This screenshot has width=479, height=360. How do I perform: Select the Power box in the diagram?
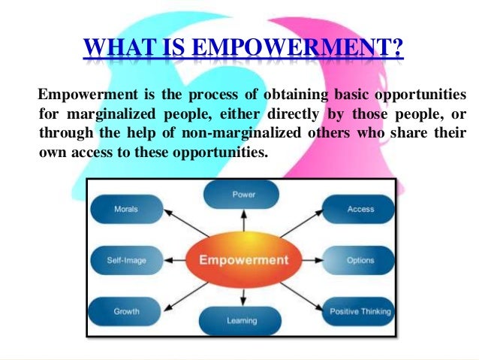pyautogui.click(x=243, y=195)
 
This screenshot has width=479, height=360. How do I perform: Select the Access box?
pyautogui.click(x=360, y=209)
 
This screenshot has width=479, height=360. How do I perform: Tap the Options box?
pyautogui.click(x=360, y=260)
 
